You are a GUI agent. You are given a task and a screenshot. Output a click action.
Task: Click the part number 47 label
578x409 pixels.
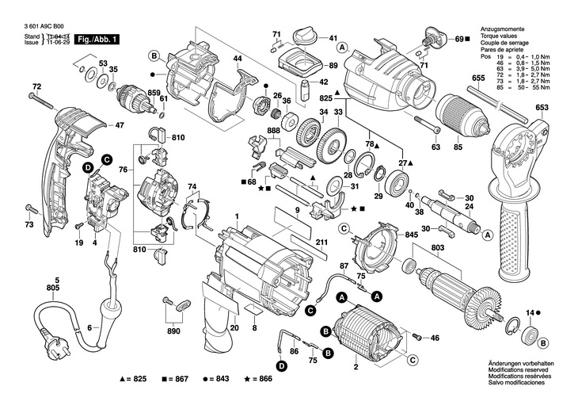[x=120, y=125]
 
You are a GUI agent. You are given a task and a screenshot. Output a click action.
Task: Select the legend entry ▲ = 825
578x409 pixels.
[x=134, y=380]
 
